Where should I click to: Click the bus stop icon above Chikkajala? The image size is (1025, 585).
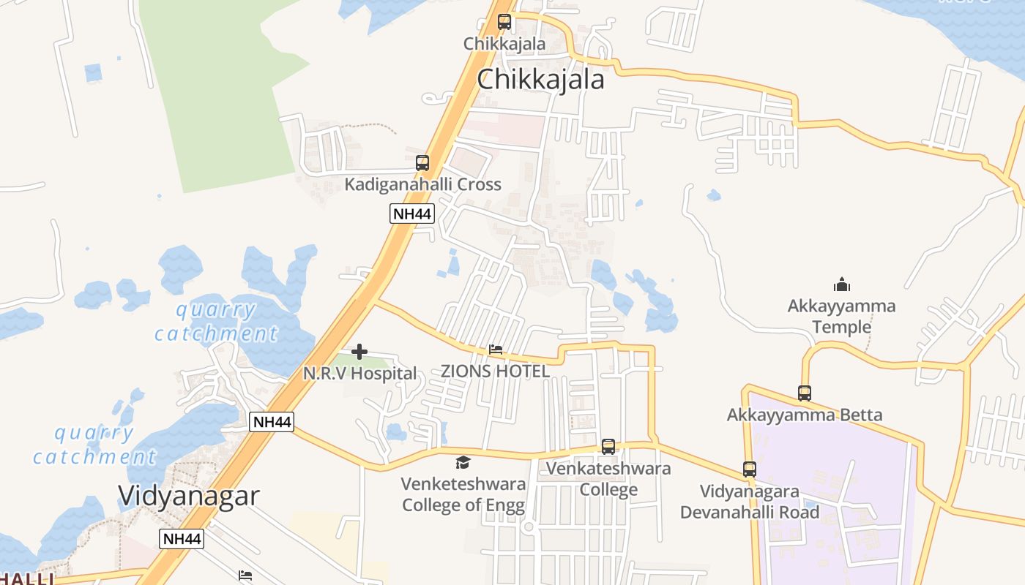[x=504, y=22]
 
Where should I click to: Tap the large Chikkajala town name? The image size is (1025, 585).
[x=540, y=79]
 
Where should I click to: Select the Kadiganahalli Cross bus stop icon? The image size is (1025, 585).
[x=422, y=163]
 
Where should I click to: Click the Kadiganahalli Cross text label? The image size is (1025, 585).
[x=422, y=184]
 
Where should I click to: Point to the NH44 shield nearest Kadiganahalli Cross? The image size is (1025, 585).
[x=411, y=214]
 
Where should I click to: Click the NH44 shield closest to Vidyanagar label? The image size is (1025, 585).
[x=182, y=539]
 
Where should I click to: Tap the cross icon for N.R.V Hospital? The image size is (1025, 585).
[x=359, y=352]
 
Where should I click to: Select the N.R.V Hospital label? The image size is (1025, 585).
[x=359, y=374]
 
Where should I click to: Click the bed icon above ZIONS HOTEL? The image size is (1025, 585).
[x=496, y=350]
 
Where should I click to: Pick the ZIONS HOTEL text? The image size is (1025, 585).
[x=495, y=371]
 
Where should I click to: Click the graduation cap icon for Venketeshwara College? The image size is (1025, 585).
[x=463, y=462]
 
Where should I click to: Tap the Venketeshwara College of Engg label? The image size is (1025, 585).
[x=463, y=494]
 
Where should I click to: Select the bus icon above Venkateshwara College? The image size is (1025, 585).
[x=608, y=447]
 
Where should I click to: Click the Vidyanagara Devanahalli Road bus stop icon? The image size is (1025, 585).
[x=749, y=469]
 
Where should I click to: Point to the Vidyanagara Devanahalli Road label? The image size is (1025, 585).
[x=749, y=502]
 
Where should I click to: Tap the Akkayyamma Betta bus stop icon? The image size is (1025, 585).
[x=805, y=393]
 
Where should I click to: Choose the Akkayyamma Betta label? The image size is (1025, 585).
[x=804, y=415]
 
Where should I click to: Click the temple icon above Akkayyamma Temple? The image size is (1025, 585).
[x=842, y=284]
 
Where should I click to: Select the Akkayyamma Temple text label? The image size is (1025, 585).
[x=841, y=316]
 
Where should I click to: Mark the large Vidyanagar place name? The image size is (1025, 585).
[x=188, y=496]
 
